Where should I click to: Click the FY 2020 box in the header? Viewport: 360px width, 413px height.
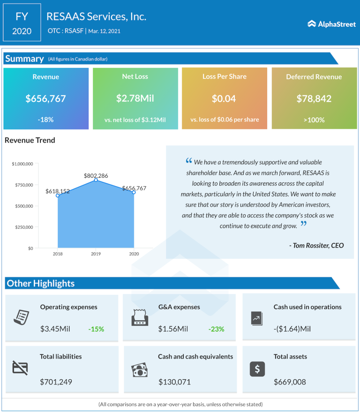[22, 23]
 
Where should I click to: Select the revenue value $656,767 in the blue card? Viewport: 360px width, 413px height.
[45, 98]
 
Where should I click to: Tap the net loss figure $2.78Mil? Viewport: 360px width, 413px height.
[135, 98]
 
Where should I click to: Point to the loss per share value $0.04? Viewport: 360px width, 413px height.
[224, 98]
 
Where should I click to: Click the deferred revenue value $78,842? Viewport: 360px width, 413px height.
[314, 98]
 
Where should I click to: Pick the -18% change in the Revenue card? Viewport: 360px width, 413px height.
[45, 120]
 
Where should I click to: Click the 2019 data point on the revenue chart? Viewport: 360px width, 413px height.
[96, 180]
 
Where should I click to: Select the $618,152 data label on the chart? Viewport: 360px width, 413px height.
[58, 191]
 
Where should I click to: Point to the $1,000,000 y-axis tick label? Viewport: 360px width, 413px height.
[22, 164]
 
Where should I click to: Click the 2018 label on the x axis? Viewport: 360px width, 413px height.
[58, 254]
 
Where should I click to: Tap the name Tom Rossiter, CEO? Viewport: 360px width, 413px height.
[316, 245]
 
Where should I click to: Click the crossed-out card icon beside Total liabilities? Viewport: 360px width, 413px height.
[20, 368]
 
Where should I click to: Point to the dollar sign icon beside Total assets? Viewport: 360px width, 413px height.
[257, 369]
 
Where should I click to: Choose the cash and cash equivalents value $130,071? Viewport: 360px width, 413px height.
[174, 382]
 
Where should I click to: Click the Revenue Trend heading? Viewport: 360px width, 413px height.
[30, 140]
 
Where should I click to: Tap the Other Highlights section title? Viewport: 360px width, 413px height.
[41, 283]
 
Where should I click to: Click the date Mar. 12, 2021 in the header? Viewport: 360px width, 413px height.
[108, 31]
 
